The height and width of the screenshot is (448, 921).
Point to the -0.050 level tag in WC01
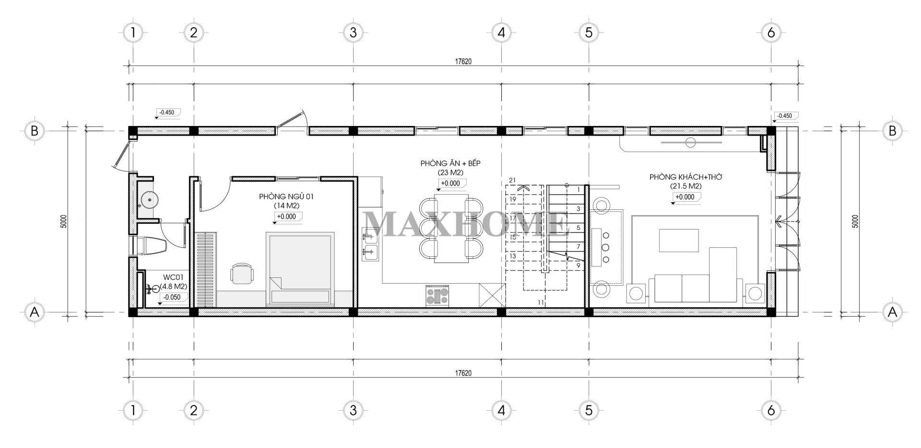[x=172, y=297]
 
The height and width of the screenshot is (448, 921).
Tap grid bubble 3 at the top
[x=353, y=33]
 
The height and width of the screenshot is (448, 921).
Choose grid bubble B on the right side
[x=892, y=131]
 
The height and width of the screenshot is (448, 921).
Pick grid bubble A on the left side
[x=34, y=312]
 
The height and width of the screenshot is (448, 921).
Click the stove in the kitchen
[x=437, y=296]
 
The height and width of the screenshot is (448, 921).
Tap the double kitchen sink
[x=369, y=243]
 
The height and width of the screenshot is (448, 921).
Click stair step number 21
[x=512, y=180]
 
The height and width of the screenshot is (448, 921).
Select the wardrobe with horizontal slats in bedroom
[x=206, y=269]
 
